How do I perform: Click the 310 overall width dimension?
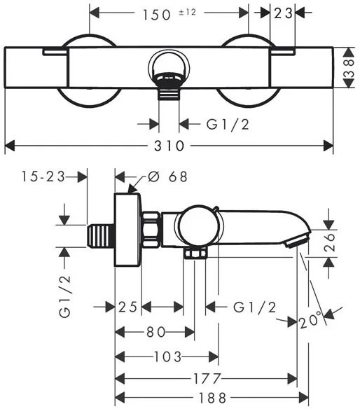(x=169, y=146)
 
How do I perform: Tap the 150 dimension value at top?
(x=156, y=15)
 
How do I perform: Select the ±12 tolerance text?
(x=187, y=13)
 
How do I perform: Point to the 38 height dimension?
(x=349, y=68)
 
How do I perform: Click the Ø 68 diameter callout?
(x=167, y=176)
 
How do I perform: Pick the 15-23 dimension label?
(x=43, y=176)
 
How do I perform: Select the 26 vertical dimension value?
(x=329, y=242)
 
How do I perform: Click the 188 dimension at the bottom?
(x=213, y=398)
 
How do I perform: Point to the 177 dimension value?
(x=207, y=378)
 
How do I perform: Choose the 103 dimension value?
(x=167, y=357)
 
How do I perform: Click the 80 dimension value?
(x=156, y=332)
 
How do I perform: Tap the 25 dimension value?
(x=128, y=307)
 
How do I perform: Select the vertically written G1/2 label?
(x=64, y=296)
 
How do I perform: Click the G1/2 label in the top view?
(x=228, y=125)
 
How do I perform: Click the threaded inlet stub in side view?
(x=101, y=236)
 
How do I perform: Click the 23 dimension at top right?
(x=283, y=13)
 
